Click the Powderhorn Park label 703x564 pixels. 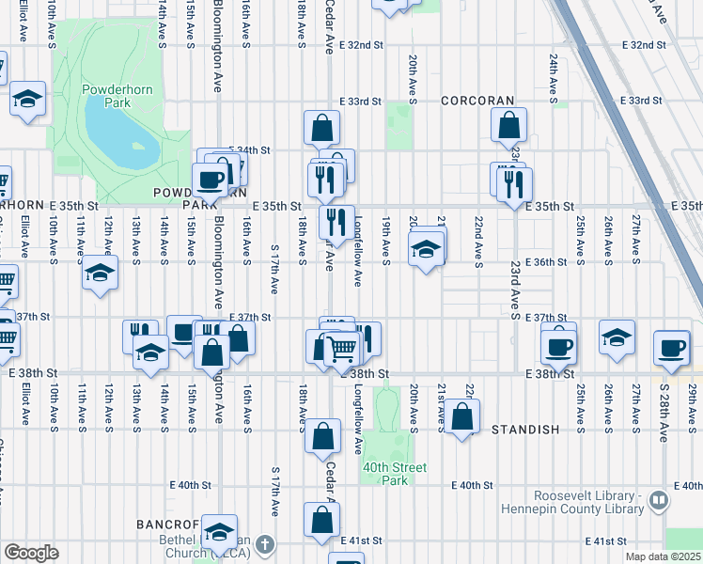(110, 96)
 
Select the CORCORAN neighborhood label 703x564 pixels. (477, 101)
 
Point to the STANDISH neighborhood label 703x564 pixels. (525, 429)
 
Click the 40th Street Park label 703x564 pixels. (393, 474)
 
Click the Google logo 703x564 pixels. (30, 553)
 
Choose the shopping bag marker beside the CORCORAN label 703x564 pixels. (508, 124)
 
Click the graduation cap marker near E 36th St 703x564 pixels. (426, 249)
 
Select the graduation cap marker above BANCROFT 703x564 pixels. (220, 531)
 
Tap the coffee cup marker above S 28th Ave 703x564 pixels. (672, 347)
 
